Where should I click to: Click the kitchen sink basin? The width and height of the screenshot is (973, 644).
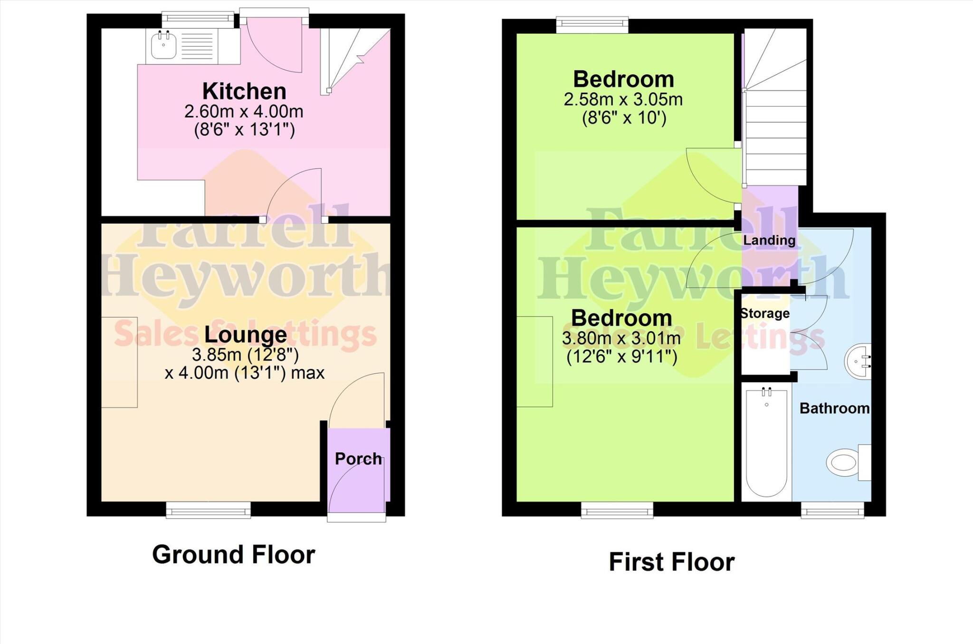pos(163,46)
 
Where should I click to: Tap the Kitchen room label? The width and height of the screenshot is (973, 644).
pos(244,91)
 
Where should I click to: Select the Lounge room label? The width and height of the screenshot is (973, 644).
pos(245,335)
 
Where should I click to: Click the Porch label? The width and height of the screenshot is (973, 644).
pos(358,459)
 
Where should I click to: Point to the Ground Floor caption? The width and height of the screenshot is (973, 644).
pos(233,555)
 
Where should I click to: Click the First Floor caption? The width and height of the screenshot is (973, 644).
pos(671,562)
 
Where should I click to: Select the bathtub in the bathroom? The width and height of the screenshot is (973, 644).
pos(766,442)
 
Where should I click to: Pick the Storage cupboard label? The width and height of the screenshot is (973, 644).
pos(765,314)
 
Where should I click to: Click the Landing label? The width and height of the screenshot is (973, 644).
pos(769,240)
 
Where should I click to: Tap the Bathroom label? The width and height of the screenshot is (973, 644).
pos(834,408)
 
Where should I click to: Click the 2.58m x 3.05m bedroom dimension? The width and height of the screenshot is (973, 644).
pos(623,100)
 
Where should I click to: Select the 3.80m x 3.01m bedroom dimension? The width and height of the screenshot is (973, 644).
pos(621,338)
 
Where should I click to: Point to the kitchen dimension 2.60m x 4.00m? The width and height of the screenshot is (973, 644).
pos(244,112)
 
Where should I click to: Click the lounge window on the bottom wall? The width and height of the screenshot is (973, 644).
pos(209,511)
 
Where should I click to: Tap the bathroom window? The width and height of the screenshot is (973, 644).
pos(832,511)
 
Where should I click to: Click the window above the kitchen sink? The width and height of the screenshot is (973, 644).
pos(198,19)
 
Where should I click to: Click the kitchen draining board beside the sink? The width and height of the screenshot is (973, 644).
pos(197,46)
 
